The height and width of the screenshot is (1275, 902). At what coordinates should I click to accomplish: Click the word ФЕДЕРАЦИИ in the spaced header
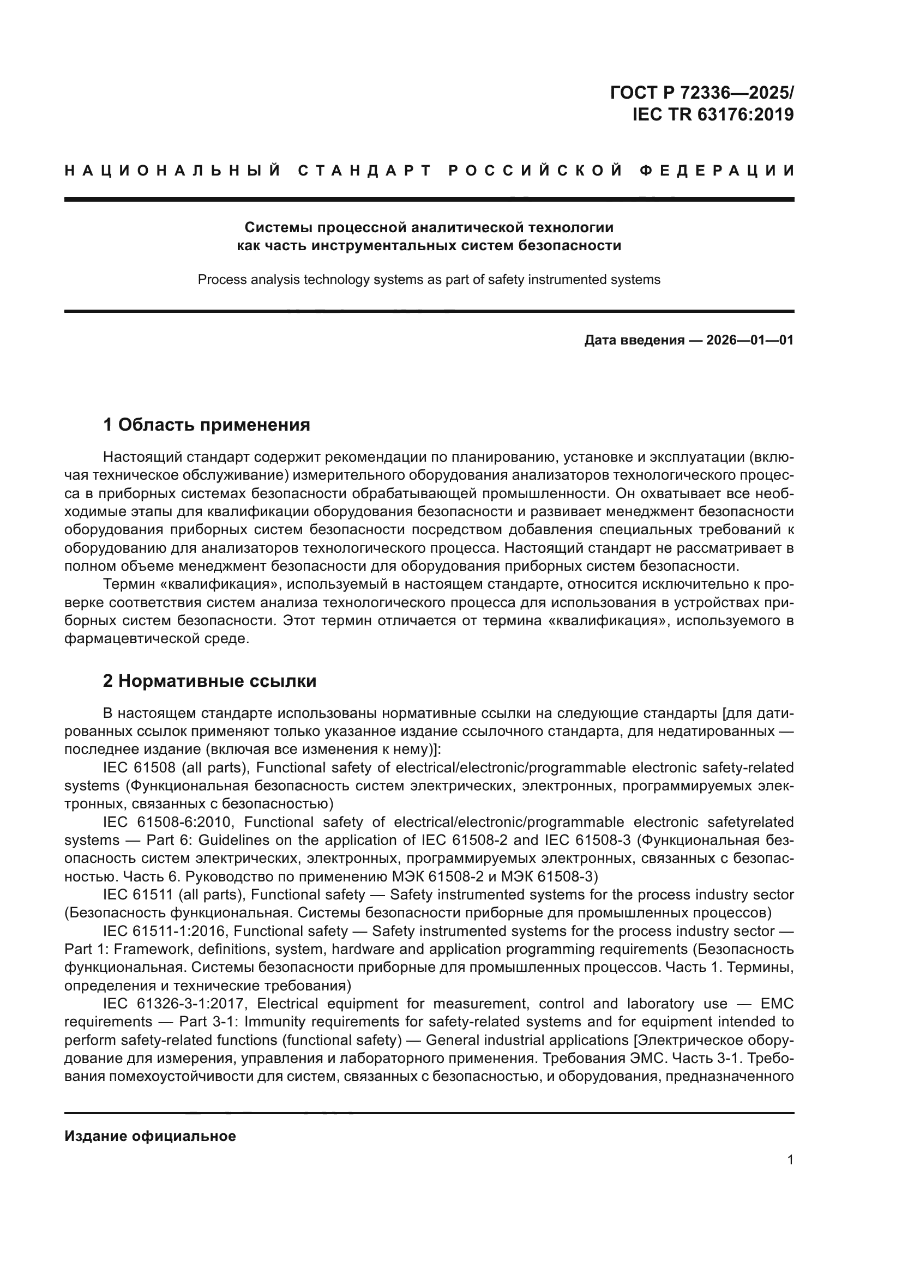(x=717, y=171)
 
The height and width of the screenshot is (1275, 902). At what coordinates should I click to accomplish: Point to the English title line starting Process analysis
(x=428, y=280)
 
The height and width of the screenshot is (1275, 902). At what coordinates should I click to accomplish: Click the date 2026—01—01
(x=750, y=340)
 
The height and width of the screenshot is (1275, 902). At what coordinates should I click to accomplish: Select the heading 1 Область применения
(x=206, y=425)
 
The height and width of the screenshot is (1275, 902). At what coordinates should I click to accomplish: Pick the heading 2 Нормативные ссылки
(x=209, y=681)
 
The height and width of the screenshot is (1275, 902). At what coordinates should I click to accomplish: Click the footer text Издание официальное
(x=150, y=1136)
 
